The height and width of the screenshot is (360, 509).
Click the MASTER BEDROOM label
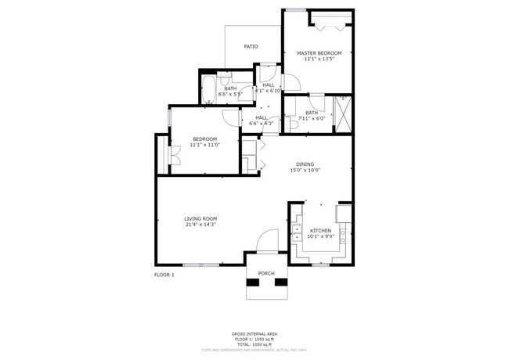(319, 53)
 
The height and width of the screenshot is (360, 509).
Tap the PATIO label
(251, 47)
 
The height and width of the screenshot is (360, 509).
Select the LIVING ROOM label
(200, 218)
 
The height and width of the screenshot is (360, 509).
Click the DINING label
(305, 164)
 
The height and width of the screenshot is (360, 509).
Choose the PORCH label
(266, 273)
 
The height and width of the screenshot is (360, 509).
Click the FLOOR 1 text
(164, 275)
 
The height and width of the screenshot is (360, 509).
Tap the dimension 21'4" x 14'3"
(200, 225)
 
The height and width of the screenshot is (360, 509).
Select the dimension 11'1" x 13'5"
(319, 59)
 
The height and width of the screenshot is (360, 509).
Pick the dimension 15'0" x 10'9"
(305, 171)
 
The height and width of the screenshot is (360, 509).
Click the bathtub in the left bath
(209, 89)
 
